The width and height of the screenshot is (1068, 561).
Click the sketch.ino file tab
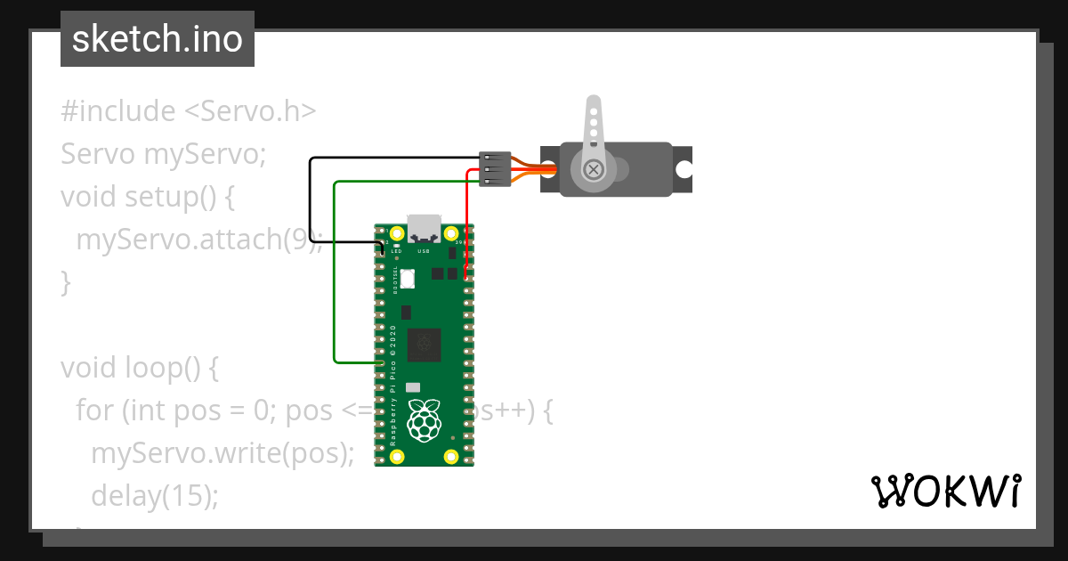(x=157, y=39)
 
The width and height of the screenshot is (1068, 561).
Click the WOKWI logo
(x=944, y=491)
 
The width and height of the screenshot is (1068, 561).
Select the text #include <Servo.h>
(x=189, y=111)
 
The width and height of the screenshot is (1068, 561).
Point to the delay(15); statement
(x=154, y=494)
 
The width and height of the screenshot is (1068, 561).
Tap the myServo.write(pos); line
(x=222, y=452)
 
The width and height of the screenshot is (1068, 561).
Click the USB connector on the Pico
(x=423, y=228)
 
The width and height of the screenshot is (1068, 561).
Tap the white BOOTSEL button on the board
(x=408, y=278)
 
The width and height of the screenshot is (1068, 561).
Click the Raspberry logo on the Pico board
(x=424, y=420)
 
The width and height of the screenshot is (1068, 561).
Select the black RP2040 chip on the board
(x=424, y=345)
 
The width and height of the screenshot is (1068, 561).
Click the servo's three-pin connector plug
(x=495, y=168)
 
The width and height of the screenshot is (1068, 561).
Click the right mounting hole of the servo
(x=684, y=169)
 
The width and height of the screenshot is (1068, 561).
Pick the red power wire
(x=467, y=223)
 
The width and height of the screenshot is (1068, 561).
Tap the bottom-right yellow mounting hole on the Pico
(x=451, y=457)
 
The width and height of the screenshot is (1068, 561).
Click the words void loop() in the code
(x=139, y=367)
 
